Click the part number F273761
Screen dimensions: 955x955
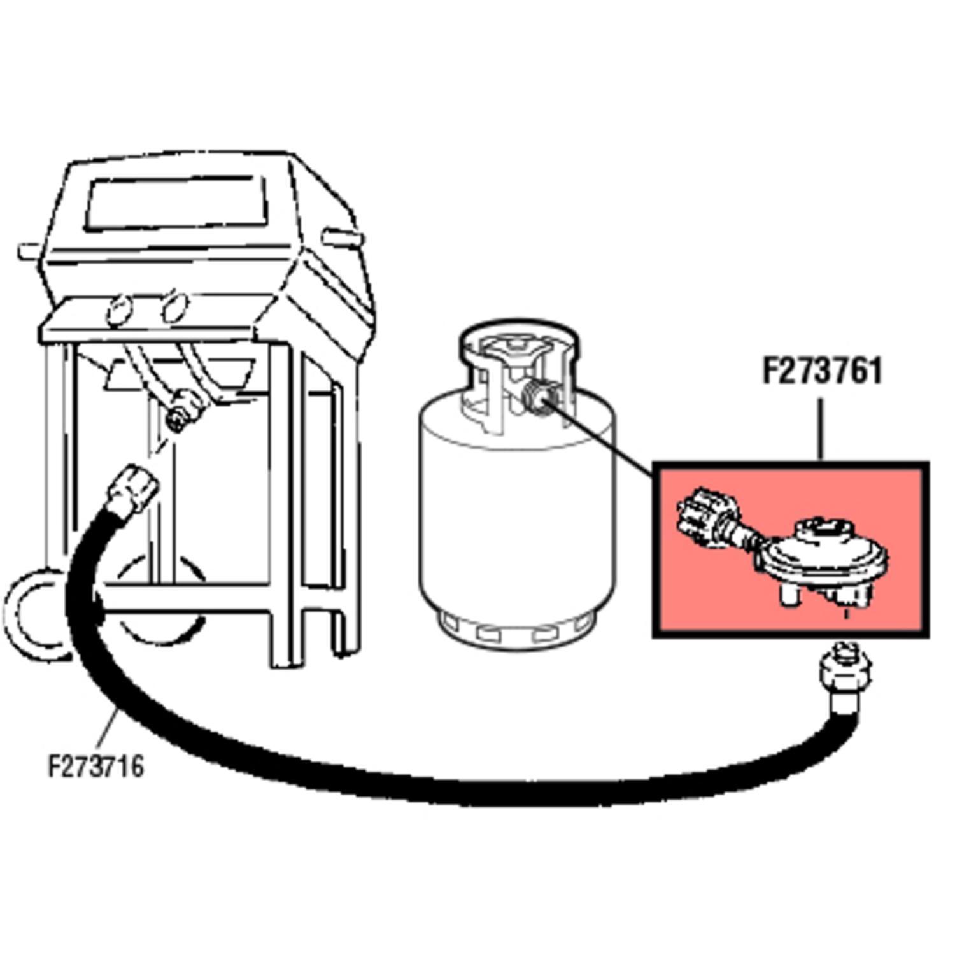coord(823,371)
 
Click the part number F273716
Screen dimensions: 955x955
coord(96,767)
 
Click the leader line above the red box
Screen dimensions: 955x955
coord(821,430)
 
